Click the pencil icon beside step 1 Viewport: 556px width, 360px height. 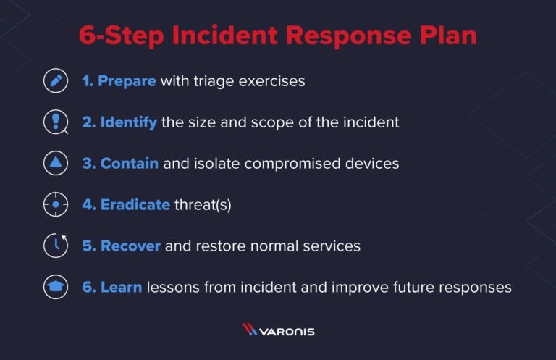tap(55, 81)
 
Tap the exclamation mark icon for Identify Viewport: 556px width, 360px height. tap(55, 122)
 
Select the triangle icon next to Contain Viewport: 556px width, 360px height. tap(55, 164)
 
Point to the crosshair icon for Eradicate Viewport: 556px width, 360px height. tap(55, 205)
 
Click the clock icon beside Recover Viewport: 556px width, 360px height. tap(55, 246)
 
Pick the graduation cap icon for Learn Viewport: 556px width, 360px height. tap(55, 288)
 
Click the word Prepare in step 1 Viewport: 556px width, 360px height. tap(127, 81)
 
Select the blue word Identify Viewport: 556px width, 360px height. tap(128, 122)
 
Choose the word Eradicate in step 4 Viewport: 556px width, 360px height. tap(135, 205)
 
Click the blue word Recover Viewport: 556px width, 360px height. tap(130, 246)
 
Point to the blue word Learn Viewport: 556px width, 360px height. tap(121, 288)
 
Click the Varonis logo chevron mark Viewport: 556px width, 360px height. tap(249, 330)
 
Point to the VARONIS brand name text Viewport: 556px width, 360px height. tap(289, 330)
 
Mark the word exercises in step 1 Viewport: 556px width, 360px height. tap(271, 81)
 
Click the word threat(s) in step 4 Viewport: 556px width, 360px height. tap(203, 205)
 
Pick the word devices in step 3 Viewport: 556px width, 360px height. tap(371, 164)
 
